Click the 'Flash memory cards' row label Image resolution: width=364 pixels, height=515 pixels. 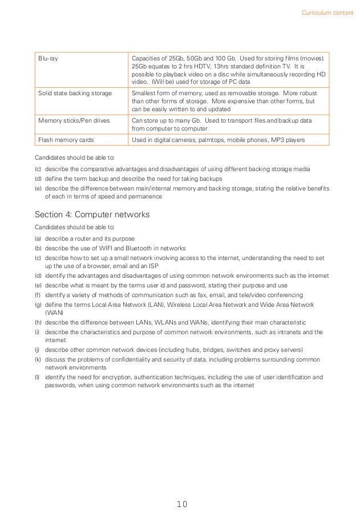tap(61, 140)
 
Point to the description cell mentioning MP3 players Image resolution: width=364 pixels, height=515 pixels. tap(218, 140)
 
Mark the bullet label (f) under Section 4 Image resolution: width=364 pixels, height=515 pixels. tap(38, 295)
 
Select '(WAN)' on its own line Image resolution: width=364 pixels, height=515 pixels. tap(54, 313)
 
